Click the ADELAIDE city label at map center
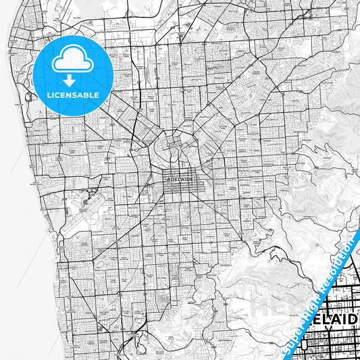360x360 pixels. [x=178, y=180]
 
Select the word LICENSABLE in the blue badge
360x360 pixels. [x=72, y=95]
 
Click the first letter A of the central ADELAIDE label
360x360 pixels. [x=166, y=180]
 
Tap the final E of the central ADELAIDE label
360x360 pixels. [x=190, y=180]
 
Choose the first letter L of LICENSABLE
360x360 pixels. [x=49, y=95]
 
